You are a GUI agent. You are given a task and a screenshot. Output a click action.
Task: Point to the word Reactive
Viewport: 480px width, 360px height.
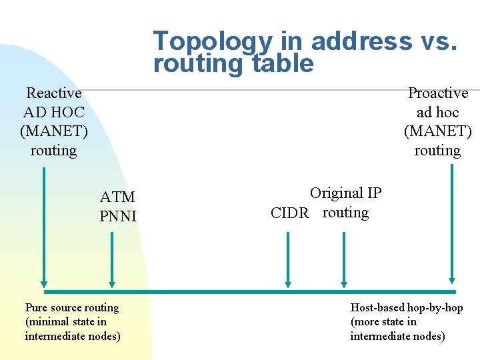pos(53,93)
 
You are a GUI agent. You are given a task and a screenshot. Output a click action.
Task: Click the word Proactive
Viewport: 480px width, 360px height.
pos(438,93)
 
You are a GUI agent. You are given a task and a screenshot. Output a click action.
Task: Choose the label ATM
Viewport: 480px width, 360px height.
pos(117,197)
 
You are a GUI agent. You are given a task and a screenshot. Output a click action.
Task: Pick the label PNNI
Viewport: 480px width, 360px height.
pos(117,216)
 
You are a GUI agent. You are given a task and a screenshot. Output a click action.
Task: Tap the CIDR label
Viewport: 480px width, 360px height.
pos(290,213)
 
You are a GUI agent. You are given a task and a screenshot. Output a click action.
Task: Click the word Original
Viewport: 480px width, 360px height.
pos(335,193)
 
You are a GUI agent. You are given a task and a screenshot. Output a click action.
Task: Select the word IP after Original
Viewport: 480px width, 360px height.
pos(373,193)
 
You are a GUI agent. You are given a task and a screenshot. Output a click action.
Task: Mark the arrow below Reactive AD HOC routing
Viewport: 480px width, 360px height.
pos(44,227)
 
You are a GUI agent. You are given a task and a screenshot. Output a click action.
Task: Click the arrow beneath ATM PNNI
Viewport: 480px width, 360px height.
pos(111,260)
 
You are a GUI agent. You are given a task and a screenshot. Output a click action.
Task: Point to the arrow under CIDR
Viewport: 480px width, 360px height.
pos(288,260)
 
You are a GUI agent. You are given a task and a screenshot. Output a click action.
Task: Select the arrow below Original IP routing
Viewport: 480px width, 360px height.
pos(343,260)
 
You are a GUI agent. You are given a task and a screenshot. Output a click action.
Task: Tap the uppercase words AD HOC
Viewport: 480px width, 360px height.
pos(53,113)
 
